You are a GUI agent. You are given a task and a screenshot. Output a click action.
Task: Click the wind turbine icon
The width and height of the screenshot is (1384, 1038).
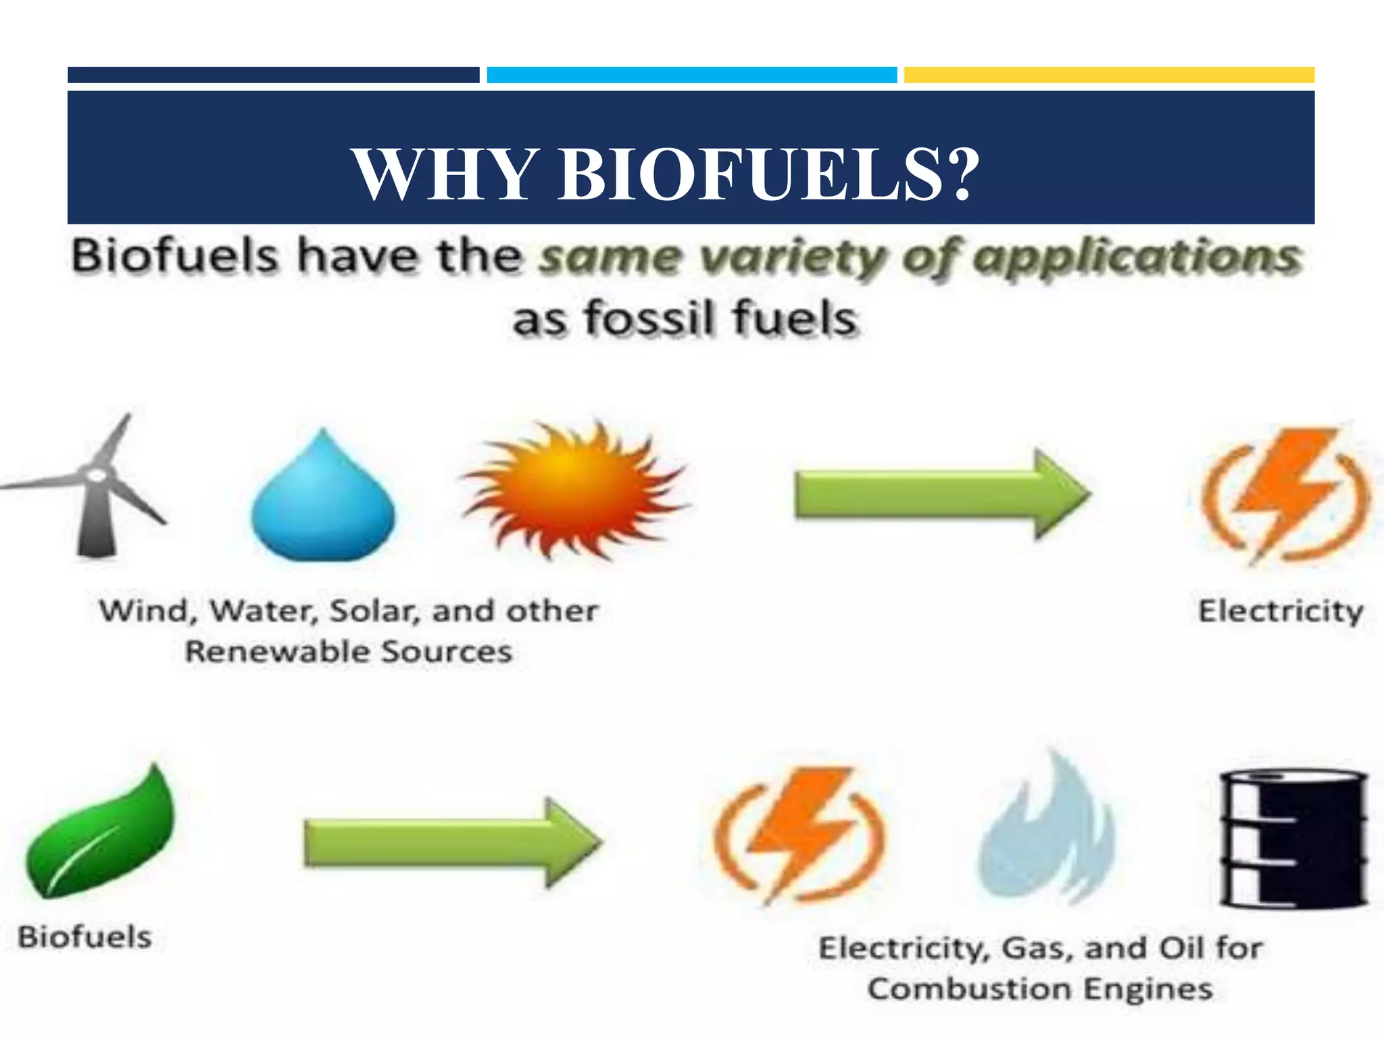coord(95,487)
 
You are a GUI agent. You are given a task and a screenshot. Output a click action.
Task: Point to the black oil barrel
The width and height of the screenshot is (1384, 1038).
coord(1293,838)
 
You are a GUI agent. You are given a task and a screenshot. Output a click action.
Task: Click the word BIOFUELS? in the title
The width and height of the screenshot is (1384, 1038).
coord(768,174)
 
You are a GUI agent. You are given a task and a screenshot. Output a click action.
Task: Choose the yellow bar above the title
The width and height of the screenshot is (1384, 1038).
coord(1109,74)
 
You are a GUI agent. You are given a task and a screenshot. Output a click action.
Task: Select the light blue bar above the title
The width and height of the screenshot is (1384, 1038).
coord(692,74)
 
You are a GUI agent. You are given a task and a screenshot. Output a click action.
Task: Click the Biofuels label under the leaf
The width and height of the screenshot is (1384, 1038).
coord(85,937)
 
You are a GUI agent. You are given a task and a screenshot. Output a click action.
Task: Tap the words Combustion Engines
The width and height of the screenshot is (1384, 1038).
coord(1040,989)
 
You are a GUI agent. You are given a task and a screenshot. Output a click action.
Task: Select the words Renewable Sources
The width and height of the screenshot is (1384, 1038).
coord(349,651)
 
